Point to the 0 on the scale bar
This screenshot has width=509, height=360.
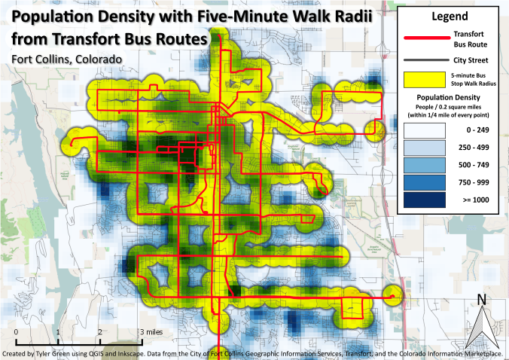pyautogui.click(x=17, y=332)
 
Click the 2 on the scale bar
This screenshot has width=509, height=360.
pyautogui.click(x=99, y=332)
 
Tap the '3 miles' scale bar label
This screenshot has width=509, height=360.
pyautogui.click(x=151, y=332)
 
